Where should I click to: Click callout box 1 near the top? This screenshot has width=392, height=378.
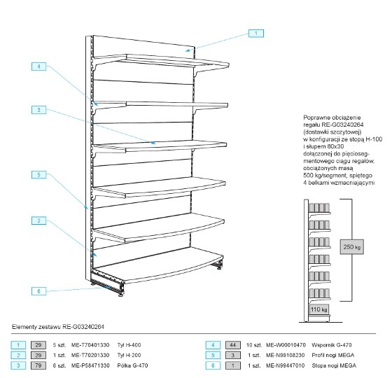256,34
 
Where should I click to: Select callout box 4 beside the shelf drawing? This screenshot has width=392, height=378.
38,66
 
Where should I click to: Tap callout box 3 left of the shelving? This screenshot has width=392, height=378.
38,110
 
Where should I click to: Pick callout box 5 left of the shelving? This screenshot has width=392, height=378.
38,174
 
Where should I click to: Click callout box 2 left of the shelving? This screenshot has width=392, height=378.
38,220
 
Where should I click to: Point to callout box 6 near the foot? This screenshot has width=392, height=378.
38,291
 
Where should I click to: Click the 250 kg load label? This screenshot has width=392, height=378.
351,247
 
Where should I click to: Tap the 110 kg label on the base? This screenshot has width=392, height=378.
318,309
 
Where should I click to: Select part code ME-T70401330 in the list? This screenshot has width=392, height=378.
90,345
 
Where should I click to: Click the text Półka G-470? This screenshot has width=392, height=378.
132,365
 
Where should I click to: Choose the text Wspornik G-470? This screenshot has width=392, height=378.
332,345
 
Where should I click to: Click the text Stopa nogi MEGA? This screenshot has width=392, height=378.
334,365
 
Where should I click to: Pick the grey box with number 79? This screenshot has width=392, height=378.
38,365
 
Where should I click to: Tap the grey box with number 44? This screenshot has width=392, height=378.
233,345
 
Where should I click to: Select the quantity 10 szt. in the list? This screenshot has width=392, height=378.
254,345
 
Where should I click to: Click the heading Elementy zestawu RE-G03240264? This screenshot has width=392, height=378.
58,327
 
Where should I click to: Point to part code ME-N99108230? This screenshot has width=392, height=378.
286,356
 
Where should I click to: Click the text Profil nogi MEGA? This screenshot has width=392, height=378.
333,356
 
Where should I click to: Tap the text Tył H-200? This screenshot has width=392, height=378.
129,356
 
